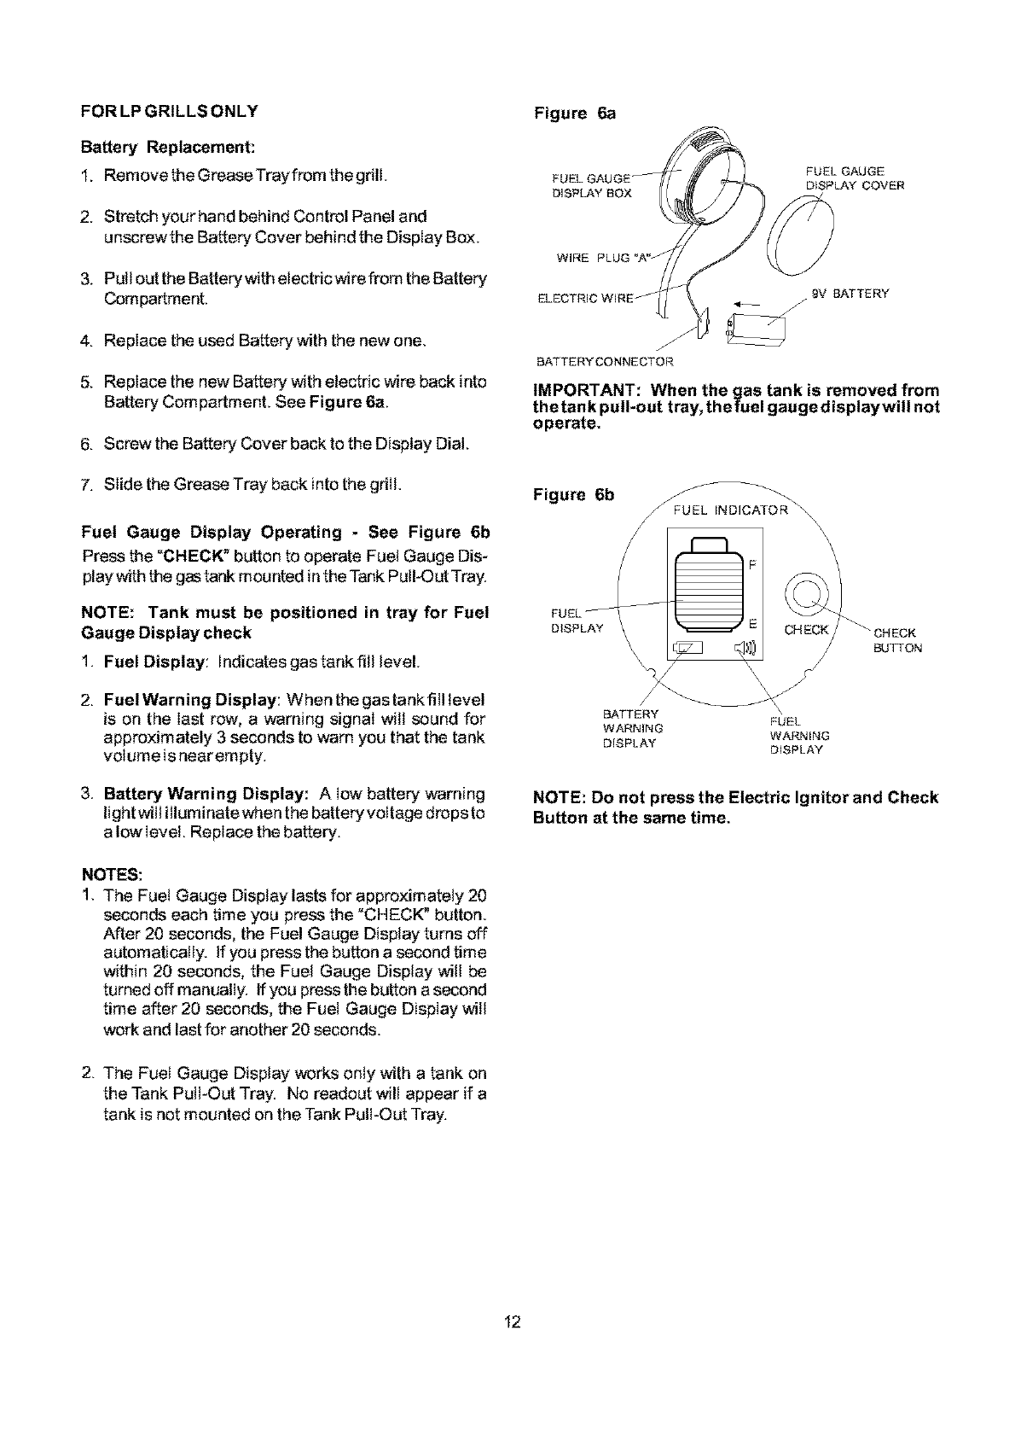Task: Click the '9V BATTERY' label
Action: [x=850, y=294]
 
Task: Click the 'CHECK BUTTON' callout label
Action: [x=896, y=640]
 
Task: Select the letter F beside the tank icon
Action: [x=751, y=566]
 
